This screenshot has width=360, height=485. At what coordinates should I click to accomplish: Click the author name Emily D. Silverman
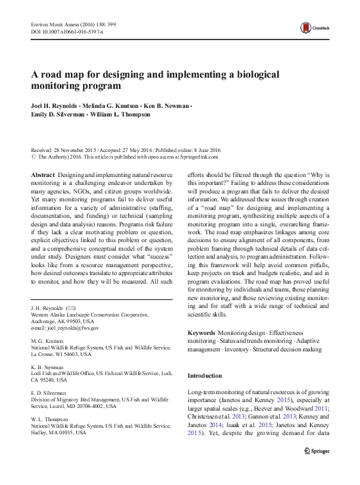[56, 115]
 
